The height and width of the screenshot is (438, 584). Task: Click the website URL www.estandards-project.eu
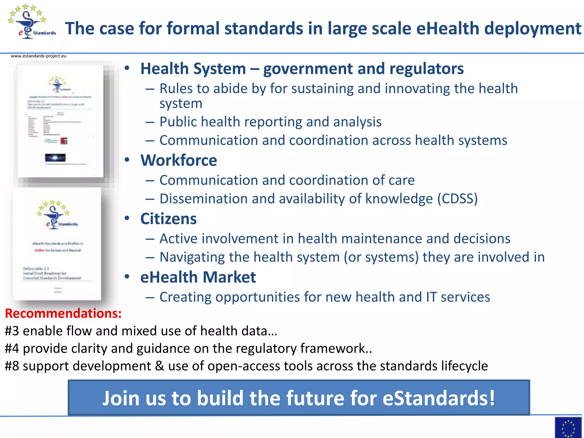tap(38, 56)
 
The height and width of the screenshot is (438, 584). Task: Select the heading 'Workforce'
tap(179, 160)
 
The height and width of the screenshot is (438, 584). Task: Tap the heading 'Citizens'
tap(168, 219)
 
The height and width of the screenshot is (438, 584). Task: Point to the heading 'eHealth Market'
tap(198, 277)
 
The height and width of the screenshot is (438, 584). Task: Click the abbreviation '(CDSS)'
tap(457, 199)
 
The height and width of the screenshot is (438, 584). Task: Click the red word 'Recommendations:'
tap(63, 313)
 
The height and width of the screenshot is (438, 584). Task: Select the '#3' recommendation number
tap(12, 331)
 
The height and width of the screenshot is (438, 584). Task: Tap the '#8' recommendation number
tap(12, 366)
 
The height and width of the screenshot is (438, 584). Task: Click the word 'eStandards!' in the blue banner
tap(439, 398)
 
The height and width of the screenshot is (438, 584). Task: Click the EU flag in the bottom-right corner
tap(568, 427)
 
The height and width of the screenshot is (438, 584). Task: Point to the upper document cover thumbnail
tap(60, 121)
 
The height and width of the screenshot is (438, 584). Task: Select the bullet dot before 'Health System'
tap(127, 68)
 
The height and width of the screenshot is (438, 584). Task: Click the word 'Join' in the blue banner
tap(120, 398)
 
